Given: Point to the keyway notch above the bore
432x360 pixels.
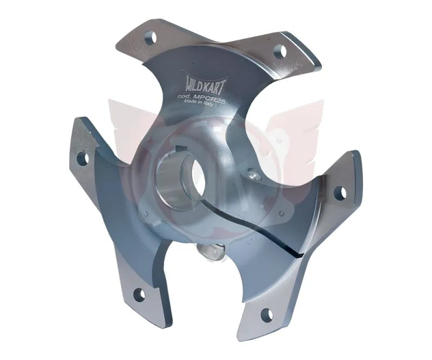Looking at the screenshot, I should click(181, 150).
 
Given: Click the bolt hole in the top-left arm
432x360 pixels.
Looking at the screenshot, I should click(151, 37).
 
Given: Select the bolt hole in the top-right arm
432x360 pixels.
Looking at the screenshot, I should click(279, 51).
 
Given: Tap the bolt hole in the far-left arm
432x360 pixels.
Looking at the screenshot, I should click(83, 158).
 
